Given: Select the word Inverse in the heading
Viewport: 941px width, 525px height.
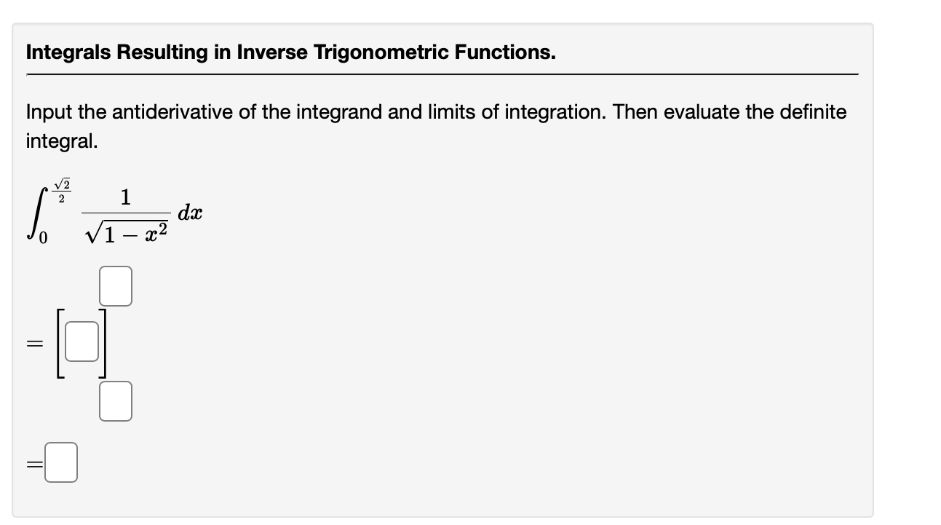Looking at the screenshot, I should [276, 52].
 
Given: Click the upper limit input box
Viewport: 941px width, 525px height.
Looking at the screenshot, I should [116, 286].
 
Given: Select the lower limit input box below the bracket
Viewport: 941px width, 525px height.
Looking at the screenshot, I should [116, 402].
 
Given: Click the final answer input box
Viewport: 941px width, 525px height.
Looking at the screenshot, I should [61, 464].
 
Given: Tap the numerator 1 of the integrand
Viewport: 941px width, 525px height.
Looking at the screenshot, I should [126, 197].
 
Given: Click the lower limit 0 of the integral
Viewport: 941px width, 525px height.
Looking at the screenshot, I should [43, 240].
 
